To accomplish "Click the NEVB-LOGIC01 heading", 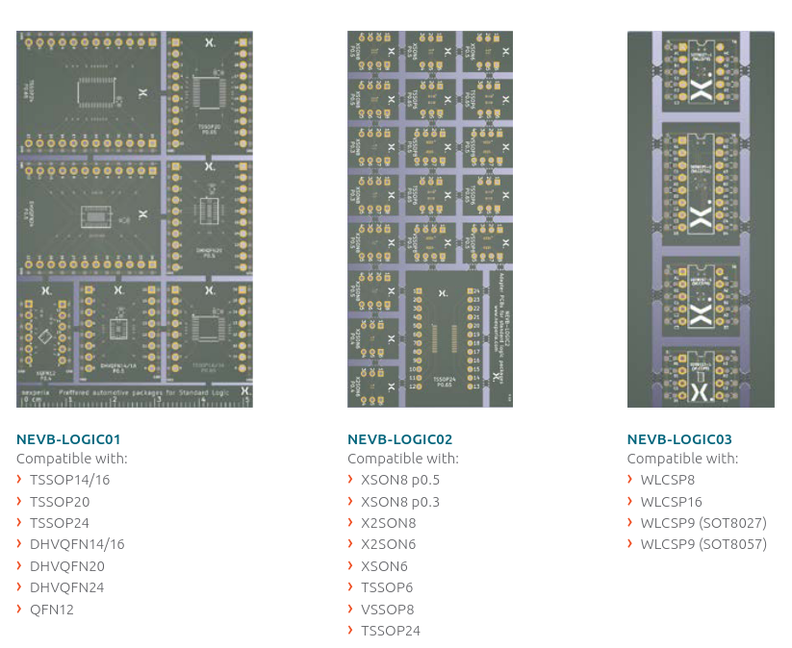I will coord(68,439).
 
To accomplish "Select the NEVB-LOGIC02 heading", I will coord(399,439).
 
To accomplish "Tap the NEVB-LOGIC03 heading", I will coord(678,439).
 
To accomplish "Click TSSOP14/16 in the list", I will coord(69,480).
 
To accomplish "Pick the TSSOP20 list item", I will coord(59,501).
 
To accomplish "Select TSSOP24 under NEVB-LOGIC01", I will coord(59,523).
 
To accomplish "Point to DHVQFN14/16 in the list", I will coord(77,544).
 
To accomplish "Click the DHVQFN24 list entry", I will coord(66,587).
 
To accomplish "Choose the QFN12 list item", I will coord(52,610).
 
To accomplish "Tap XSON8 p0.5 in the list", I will coord(400,480).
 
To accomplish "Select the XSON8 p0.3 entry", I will coord(400,501).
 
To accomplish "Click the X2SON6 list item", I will coord(389,544).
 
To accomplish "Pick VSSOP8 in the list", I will coord(387,610).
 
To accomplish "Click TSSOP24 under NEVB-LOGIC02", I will coord(391,631).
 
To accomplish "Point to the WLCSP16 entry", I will coord(671,501).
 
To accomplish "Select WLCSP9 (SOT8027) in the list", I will coord(703,523).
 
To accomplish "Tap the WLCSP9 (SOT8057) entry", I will coord(703,544).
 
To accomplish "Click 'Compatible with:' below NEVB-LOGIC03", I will coord(682,459).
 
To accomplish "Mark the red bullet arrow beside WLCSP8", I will coord(631,480).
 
